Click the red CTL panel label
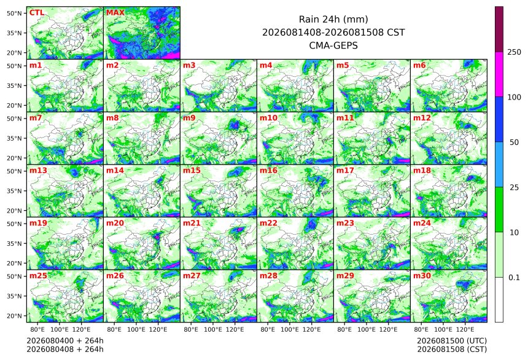tap(37, 13)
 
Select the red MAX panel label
tap(115, 13)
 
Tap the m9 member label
tap(189, 118)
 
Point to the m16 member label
tap(268, 171)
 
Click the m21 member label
tap(192, 223)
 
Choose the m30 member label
tap(422, 276)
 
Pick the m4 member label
tap(266, 65)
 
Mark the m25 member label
tap(38, 276)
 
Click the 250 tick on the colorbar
tap(514, 52)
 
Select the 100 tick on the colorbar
tap(514, 98)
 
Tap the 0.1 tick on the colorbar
tap(514, 278)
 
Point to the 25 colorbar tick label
tap(514, 187)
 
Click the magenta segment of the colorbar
tap(499, 74)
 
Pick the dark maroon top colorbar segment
tap(499, 29)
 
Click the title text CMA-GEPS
tap(333, 45)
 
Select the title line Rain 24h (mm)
tap(333, 19)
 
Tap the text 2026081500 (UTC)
tap(452, 341)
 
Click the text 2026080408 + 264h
tap(65, 350)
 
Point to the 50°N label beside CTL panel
tap(14, 13)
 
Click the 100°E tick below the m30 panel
tap(443, 329)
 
